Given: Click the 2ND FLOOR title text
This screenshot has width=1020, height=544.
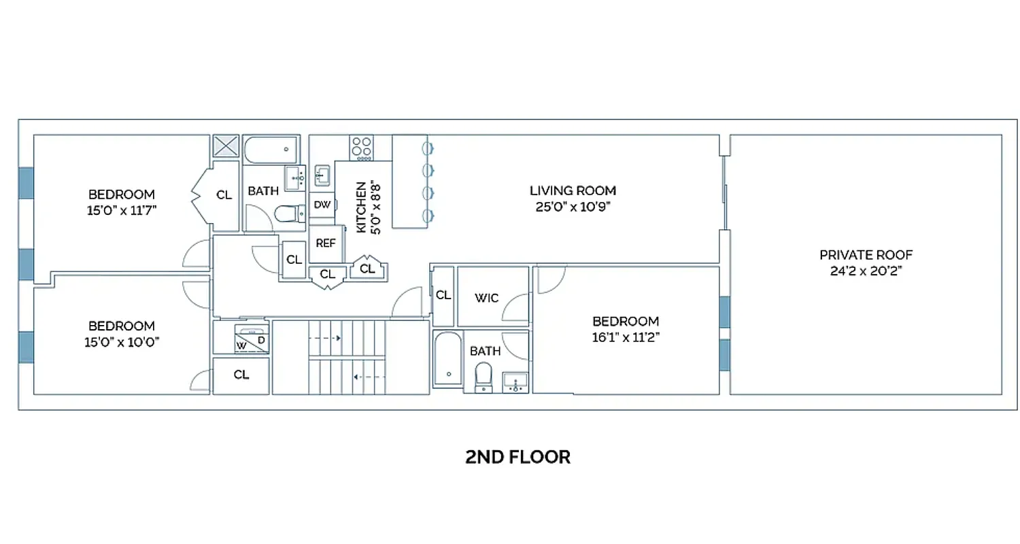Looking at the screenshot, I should pyautogui.click(x=517, y=457).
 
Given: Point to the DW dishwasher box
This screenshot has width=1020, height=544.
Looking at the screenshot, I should pyautogui.click(x=322, y=205).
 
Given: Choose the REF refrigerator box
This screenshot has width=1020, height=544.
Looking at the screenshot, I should pyautogui.click(x=326, y=243).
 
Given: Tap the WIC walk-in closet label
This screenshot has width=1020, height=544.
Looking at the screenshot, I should pyautogui.click(x=486, y=298).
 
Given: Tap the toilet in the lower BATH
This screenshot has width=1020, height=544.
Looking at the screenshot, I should pyautogui.click(x=483, y=375).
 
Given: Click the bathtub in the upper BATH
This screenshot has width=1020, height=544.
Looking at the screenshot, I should pyautogui.click(x=271, y=149).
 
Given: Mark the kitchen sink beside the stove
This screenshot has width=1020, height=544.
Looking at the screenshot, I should pyautogui.click(x=322, y=175).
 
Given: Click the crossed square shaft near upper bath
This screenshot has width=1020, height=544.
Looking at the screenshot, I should pyautogui.click(x=226, y=146).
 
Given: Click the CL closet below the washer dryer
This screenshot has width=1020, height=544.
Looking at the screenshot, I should pyautogui.click(x=241, y=375).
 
